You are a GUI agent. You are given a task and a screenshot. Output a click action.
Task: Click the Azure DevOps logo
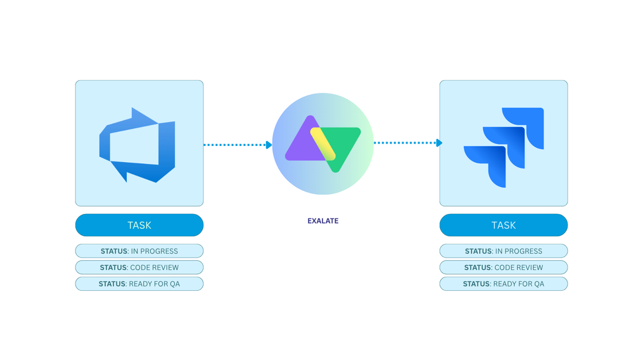coord(137,145)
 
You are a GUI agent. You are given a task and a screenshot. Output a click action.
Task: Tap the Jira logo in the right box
coord(504,147)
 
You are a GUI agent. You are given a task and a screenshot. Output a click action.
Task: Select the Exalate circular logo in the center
coord(323,143)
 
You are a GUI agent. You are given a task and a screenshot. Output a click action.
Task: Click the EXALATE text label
coord(323,221)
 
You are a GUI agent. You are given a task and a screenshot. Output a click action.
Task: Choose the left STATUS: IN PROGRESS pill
coord(139,251)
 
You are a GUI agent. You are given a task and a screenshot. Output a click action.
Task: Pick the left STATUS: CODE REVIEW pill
coord(139,267)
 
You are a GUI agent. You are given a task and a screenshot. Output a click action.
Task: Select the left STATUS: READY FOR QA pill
coord(139,284)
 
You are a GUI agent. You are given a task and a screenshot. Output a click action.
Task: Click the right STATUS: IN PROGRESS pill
coord(504,251)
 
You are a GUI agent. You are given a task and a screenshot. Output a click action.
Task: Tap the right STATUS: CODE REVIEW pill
coord(504,267)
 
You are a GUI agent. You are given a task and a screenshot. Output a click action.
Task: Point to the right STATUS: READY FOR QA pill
coord(504,284)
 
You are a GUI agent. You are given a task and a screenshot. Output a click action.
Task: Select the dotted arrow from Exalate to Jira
coord(406,143)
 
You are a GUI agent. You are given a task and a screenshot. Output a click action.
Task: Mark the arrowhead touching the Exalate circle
coord(269,145)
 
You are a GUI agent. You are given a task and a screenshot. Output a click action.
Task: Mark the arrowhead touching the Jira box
coord(439,143)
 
